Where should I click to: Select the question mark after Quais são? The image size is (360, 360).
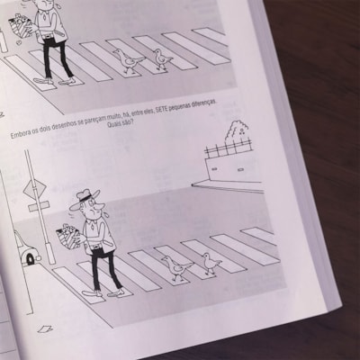point(132,123)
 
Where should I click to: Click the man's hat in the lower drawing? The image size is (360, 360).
point(84,198)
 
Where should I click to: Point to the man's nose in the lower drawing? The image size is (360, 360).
point(100,206)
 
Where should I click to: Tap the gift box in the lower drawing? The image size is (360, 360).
point(68,237)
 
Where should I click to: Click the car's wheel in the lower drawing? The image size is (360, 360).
point(31,259)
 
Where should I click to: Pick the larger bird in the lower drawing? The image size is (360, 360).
point(176,268)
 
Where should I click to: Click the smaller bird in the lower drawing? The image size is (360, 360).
point(211,263)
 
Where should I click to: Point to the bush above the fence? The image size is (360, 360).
point(238,132)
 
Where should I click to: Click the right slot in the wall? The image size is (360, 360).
point(241,170)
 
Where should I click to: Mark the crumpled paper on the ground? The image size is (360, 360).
point(45,329)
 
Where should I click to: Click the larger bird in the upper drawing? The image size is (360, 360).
point(129,61)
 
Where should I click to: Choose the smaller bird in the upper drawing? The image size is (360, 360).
point(162,59)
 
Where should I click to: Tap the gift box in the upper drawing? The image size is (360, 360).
point(21,24)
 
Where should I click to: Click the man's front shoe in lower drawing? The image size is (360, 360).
point(116,293)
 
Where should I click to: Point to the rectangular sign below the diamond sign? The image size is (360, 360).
point(39,206)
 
